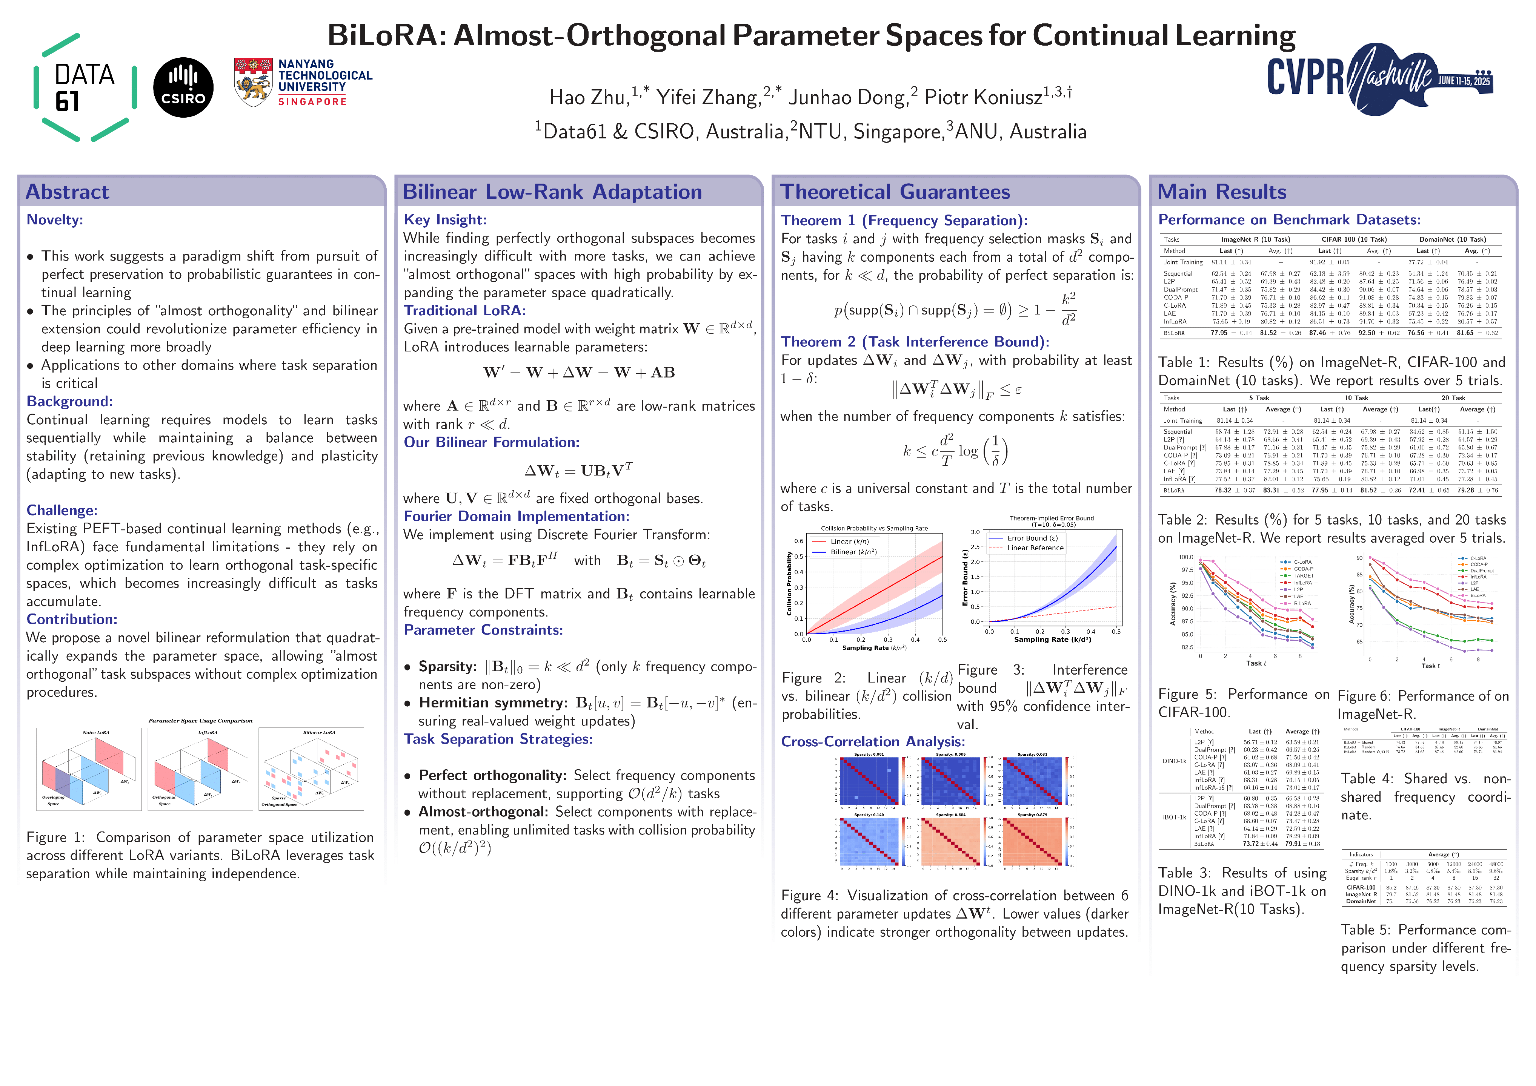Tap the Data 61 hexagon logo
(85, 87)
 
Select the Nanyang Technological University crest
(253, 81)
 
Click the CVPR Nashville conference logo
(1379, 79)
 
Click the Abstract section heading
(67, 192)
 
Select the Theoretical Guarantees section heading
(895, 192)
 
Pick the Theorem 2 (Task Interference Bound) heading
(915, 342)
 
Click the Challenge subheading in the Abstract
(62, 510)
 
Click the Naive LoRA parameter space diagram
(89, 769)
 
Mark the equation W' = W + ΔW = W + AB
(579, 373)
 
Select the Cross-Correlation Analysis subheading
(872, 742)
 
